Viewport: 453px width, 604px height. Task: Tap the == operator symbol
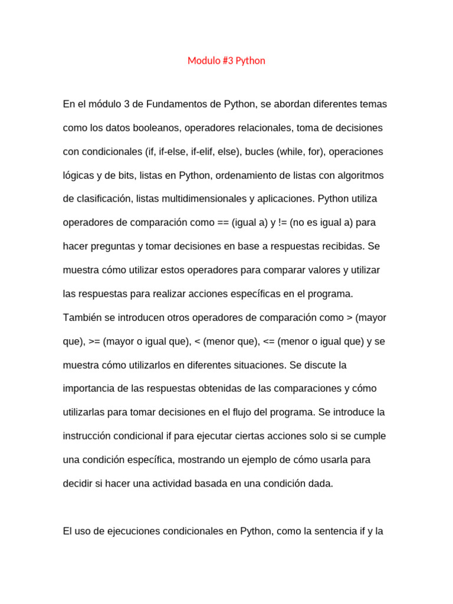[x=223, y=223]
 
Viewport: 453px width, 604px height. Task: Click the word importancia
[x=87, y=389]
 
